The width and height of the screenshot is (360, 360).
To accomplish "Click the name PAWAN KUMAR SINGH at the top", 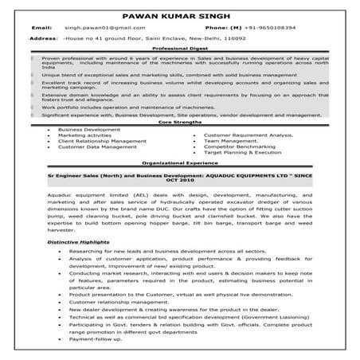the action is tap(180, 16).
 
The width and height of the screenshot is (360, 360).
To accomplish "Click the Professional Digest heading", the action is tap(179, 49).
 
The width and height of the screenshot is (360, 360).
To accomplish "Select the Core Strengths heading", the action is tap(179, 123).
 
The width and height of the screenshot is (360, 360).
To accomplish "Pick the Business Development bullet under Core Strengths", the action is tap(88, 129).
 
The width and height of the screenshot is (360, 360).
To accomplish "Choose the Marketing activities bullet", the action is tap(87, 135).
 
